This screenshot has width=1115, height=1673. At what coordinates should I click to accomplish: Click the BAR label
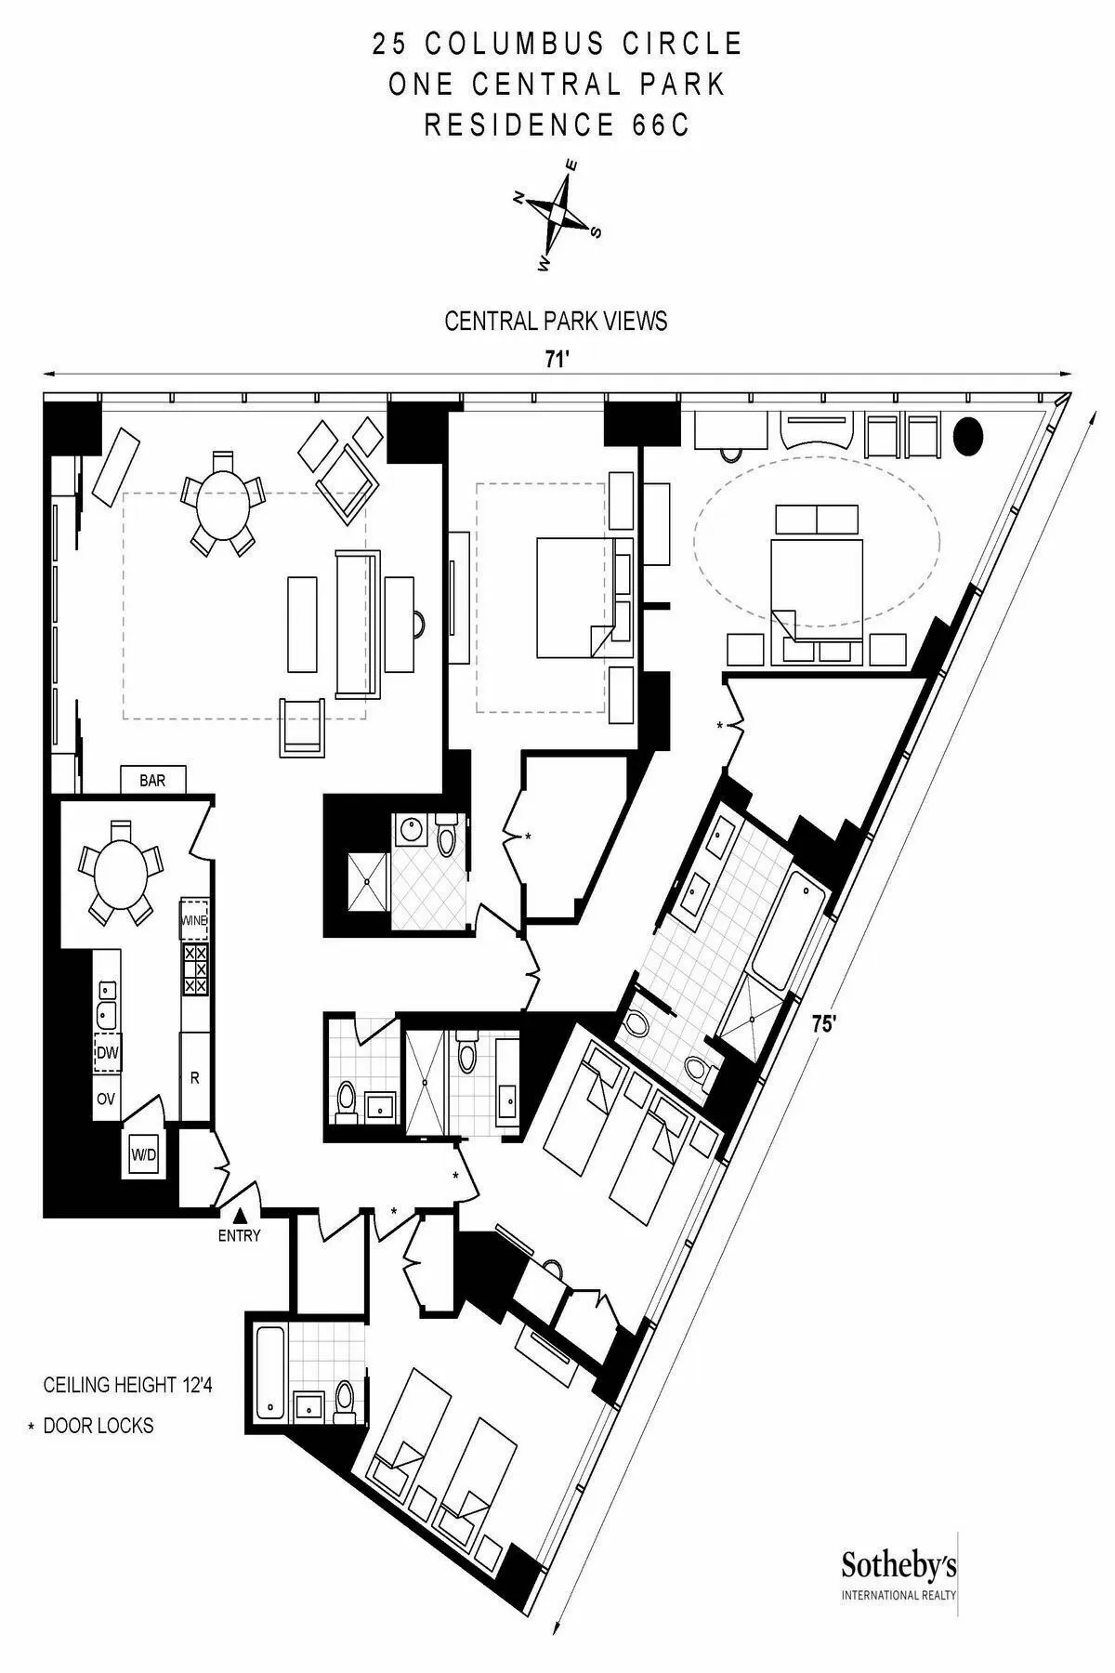[x=152, y=781]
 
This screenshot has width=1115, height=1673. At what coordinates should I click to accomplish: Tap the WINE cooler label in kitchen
[x=194, y=920]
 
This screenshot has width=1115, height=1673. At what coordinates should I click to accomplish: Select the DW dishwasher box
[x=107, y=1053]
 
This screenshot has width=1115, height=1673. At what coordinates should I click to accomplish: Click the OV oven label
[x=106, y=1099]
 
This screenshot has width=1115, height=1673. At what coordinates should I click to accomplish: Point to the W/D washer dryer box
[x=143, y=1155]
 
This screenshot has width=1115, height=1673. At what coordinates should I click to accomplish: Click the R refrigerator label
[x=194, y=1078]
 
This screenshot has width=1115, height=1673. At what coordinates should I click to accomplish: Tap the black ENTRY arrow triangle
[x=240, y=1215]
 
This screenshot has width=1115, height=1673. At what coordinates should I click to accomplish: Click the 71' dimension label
[x=556, y=361]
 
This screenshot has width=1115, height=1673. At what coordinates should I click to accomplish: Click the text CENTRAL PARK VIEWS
[x=556, y=322]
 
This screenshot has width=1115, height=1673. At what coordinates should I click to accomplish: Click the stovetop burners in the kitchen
[x=195, y=969]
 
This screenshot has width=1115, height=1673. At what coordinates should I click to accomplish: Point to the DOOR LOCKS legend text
[x=98, y=1426]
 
